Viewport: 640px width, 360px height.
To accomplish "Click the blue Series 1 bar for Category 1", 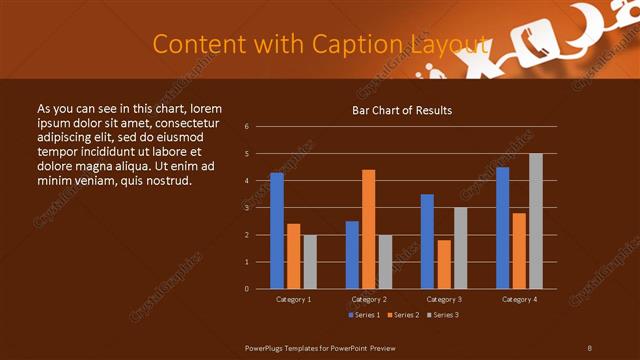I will [276, 231].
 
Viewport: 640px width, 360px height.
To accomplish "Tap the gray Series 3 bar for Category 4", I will [536, 221].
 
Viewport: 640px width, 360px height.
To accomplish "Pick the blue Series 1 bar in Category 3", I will [427, 241].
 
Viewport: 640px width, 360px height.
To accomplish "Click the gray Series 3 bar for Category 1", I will [310, 262].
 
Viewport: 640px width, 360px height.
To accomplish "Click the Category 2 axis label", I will [369, 299].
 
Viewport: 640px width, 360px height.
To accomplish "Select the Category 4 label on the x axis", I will [519, 299].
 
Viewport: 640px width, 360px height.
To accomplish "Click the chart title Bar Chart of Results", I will [402, 109].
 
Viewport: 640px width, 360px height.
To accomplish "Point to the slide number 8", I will [590, 347].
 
